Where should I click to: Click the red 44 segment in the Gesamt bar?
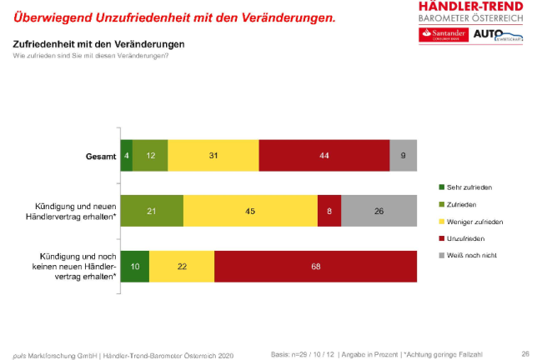[x=324, y=156]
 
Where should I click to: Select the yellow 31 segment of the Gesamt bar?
[x=213, y=156]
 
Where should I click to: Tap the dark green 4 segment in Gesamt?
[x=127, y=156]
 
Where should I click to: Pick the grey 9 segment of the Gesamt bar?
[x=404, y=156]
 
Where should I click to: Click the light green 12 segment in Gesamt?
[x=150, y=156]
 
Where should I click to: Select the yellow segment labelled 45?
[x=250, y=212]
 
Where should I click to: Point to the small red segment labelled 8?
[x=329, y=212]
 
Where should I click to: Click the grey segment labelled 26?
[x=379, y=212]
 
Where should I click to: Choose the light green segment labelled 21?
[x=152, y=212]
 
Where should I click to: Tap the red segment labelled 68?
[x=315, y=267]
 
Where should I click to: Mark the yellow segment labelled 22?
[x=182, y=267]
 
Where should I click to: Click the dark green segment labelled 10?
[x=135, y=267]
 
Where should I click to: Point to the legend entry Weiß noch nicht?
[x=472, y=256]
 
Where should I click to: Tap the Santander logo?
[x=443, y=34]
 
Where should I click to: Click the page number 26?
[x=525, y=352]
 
